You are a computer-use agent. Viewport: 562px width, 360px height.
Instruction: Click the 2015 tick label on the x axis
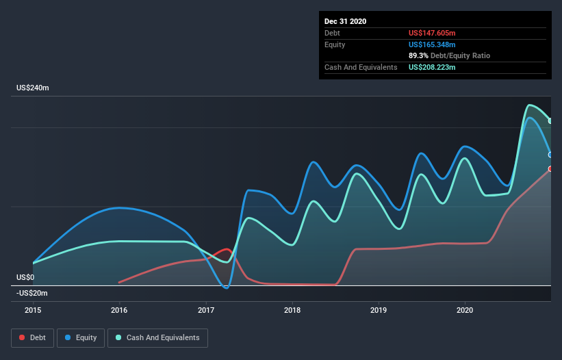pyautogui.click(x=33, y=309)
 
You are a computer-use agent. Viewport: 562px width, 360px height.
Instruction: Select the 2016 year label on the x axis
pyautogui.click(x=119, y=309)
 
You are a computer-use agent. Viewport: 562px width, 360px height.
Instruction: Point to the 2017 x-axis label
pyautogui.click(x=205, y=309)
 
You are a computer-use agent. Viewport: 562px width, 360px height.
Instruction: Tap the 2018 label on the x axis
pyautogui.click(x=292, y=309)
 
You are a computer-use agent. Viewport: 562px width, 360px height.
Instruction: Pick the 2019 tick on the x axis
pyautogui.click(x=379, y=309)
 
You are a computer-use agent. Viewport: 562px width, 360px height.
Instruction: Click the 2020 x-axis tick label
pyautogui.click(x=465, y=309)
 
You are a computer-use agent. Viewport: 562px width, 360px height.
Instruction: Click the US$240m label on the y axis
pyautogui.click(x=34, y=88)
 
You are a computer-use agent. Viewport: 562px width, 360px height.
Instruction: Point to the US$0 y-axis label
pyautogui.click(x=26, y=277)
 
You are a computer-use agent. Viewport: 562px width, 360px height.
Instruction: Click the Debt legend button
pyautogui.click(x=31, y=337)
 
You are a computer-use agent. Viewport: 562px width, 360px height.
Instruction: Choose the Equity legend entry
pyautogui.click(x=81, y=337)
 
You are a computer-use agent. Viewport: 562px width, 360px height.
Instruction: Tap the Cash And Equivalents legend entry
pyautogui.click(x=157, y=337)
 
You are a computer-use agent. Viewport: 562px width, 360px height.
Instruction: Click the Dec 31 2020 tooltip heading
pyautogui.click(x=345, y=21)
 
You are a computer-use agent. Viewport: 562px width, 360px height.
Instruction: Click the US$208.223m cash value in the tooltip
pyautogui.click(x=432, y=67)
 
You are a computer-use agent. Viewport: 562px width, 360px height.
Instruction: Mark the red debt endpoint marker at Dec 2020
pyautogui.click(x=550, y=169)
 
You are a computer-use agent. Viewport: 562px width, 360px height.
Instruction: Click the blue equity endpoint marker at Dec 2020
pyautogui.click(x=550, y=155)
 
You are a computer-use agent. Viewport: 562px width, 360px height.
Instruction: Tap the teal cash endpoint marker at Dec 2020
pyautogui.click(x=550, y=121)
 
